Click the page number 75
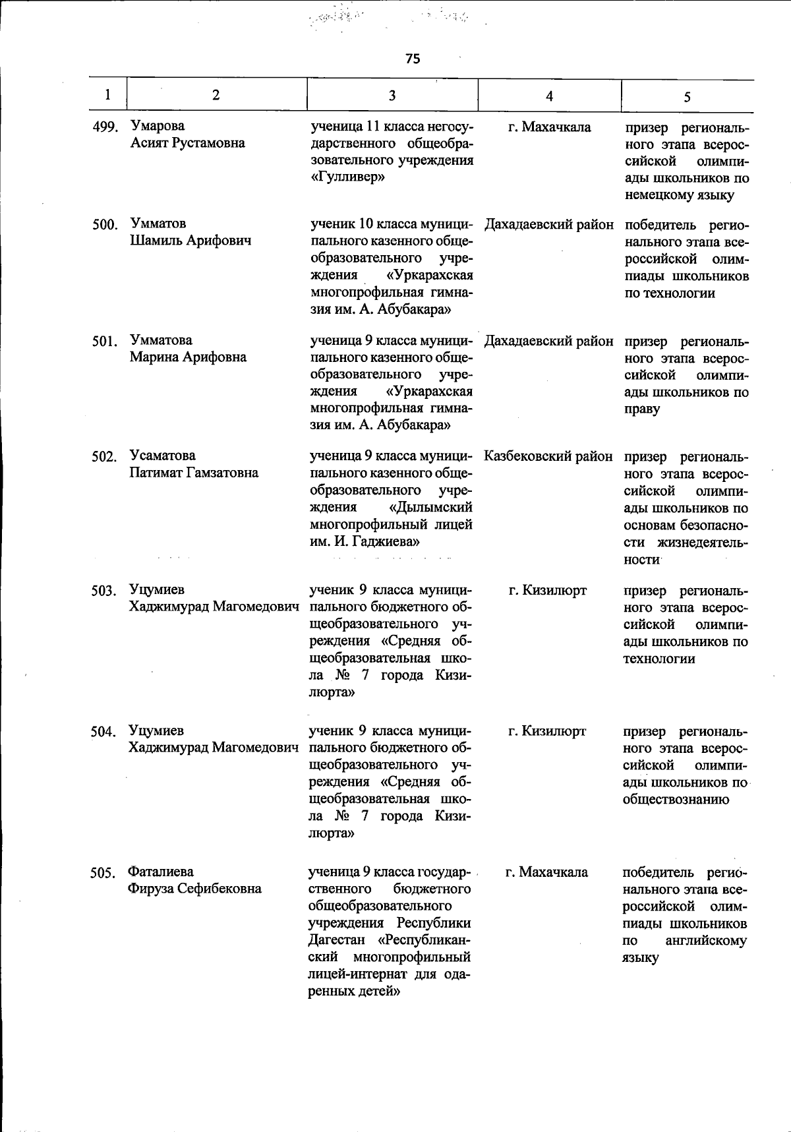pyautogui.click(x=413, y=59)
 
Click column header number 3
pyautogui.click(x=392, y=96)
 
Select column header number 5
pyautogui.click(x=687, y=97)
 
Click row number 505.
pyautogui.click(x=104, y=874)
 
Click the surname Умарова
pyautogui.click(x=158, y=126)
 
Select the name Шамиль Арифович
pyautogui.click(x=190, y=241)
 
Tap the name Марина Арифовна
pyautogui.click(x=188, y=357)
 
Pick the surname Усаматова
pyautogui.click(x=162, y=456)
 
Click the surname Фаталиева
pyautogui.click(x=161, y=872)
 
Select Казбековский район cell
pyautogui.click(x=548, y=456)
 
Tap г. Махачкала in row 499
pyautogui.click(x=549, y=127)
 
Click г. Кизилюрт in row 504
pyautogui.click(x=547, y=731)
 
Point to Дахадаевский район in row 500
pyautogui.click(x=548, y=225)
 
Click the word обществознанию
pyautogui.click(x=676, y=800)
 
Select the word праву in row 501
pyautogui.click(x=641, y=409)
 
